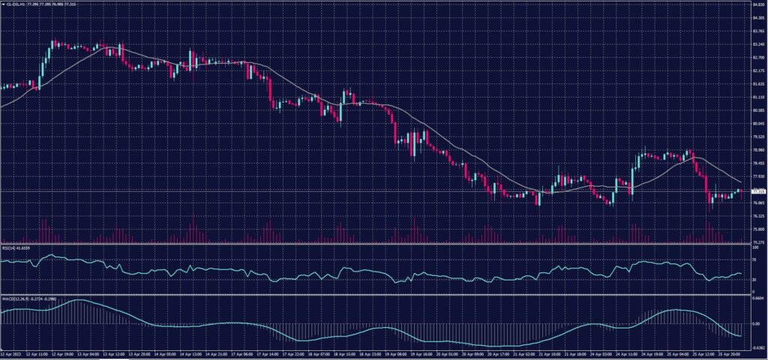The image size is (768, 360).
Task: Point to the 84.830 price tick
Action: (x=757, y=5)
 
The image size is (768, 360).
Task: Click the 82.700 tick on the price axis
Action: (x=757, y=58)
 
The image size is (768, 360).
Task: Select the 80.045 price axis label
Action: (x=757, y=124)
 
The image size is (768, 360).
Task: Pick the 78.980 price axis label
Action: (x=757, y=150)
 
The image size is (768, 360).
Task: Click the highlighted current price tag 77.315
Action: (x=757, y=191)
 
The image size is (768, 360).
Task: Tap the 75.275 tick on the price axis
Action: (x=757, y=242)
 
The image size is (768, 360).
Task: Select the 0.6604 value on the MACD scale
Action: (x=757, y=298)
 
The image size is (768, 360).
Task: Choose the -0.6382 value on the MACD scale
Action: (x=757, y=348)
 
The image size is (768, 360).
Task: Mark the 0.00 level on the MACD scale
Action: (x=754, y=323)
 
